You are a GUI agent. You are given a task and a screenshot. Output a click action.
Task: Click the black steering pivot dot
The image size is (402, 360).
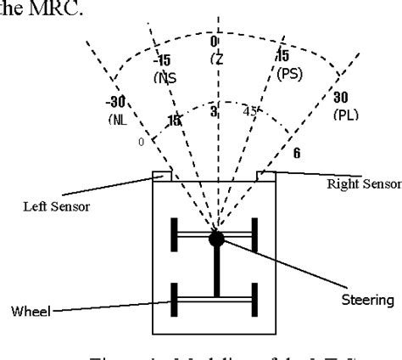coord(217,239)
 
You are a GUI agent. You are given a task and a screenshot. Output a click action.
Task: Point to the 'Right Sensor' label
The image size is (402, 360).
coord(363,183)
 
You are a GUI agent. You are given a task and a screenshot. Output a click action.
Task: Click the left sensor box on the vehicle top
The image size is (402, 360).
coord(162,176)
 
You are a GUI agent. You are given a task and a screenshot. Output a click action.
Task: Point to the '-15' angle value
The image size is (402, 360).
coord(164,60)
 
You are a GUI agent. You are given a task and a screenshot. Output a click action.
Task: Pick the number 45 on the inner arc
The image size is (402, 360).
coord(250,111)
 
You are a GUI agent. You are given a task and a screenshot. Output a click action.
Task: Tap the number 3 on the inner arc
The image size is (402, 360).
coord(215,112)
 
